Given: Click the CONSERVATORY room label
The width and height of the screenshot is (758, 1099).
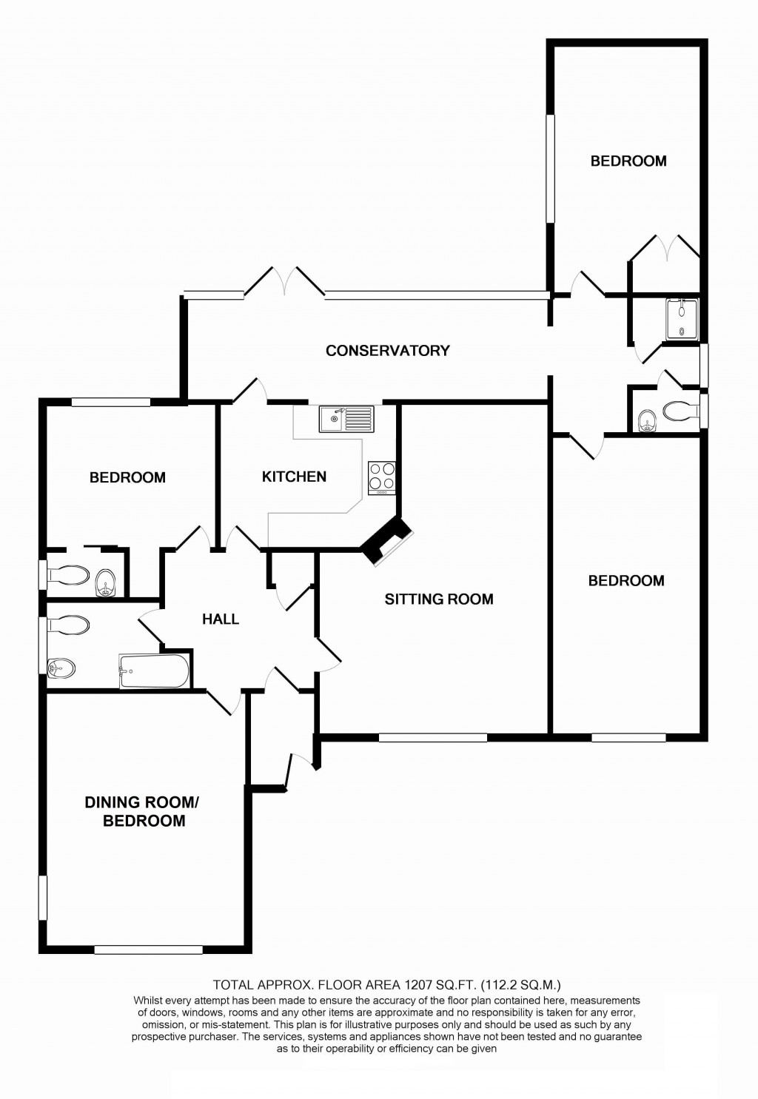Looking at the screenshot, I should (x=387, y=351).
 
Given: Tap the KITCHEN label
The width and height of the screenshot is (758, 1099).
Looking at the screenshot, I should (x=294, y=477).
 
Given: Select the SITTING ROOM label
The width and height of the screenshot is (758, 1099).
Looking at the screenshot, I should (x=438, y=599).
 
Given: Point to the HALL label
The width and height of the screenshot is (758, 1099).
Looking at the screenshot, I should (x=221, y=619).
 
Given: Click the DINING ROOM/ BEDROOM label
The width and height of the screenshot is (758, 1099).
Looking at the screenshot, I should (x=143, y=811).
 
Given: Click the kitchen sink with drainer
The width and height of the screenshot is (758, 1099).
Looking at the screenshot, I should (x=346, y=419).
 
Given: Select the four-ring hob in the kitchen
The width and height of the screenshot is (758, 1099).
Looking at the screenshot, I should (x=382, y=477).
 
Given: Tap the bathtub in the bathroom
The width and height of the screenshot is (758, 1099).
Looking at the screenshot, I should (x=154, y=671).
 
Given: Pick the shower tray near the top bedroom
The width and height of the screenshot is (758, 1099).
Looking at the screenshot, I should (x=682, y=318).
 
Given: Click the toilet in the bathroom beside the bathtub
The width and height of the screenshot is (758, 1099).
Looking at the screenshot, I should (x=68, y=625).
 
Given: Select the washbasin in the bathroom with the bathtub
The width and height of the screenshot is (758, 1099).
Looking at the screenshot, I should (x=61, y=668).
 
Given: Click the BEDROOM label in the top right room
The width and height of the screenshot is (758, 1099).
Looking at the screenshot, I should (x=628, y=161).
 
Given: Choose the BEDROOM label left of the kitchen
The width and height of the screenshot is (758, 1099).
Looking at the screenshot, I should (x=127, y=478).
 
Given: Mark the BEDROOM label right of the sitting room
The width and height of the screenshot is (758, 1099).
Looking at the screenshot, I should (x=625, y=581).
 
